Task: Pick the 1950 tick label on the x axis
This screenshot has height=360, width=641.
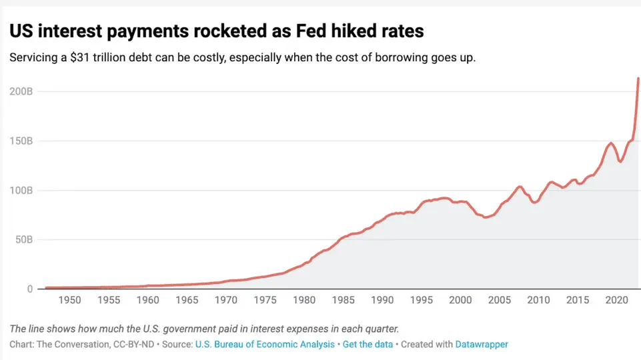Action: point(69,301)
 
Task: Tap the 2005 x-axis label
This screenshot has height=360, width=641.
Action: point(500,301)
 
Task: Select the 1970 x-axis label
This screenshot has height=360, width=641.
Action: point(225,301)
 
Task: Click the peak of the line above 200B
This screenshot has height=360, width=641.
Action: point(638,79)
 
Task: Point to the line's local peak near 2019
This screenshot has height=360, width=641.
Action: point(610,143)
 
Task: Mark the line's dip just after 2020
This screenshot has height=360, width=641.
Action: point(620,161)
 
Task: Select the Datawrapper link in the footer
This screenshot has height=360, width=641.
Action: point(482,344)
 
